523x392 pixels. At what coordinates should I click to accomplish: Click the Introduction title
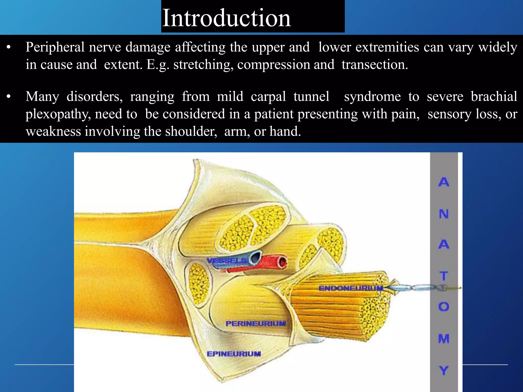[226, 18]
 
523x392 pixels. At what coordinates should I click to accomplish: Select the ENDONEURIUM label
[351, 288]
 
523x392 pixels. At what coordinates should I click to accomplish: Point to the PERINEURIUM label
[256, 324]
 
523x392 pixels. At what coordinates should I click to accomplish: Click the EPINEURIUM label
[234, 354]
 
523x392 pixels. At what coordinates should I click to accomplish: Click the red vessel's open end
[282, 263]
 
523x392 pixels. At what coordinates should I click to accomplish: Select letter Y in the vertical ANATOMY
[444, 370]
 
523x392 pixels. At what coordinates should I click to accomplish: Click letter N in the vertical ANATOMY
[444, 214]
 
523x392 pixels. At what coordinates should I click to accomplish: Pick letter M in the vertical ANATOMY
[444, 339]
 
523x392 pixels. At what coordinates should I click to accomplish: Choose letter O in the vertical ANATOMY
[444, 307]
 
